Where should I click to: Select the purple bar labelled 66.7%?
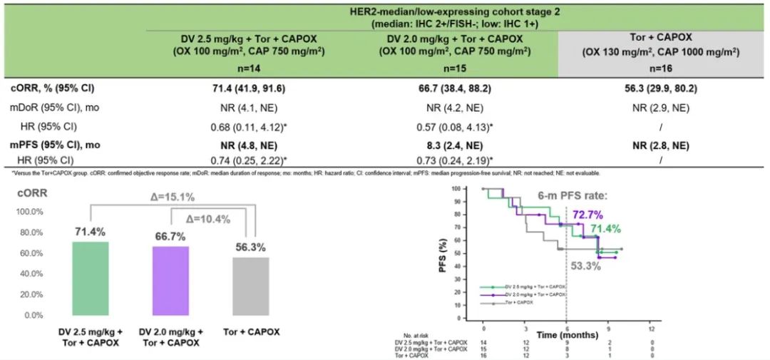(170, 281)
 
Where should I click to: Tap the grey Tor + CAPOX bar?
(251, 286)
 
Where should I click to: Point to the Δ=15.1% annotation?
(171, 197)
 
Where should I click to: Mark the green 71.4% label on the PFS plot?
(605, 229)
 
